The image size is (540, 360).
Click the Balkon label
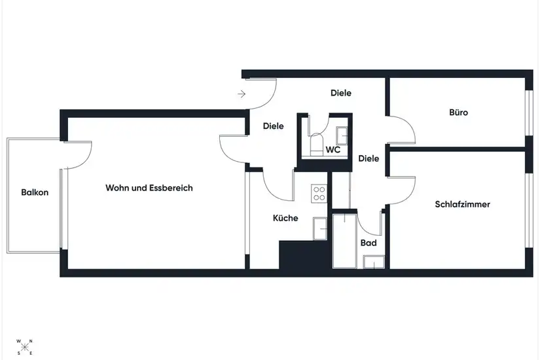pyautogui.click(x=35, y=192)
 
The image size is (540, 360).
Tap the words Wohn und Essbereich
pyautogui.click(x=149, y=188)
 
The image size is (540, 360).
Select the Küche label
pyautogui.click(x=285, y=218)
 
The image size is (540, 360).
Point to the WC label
pyautogui.click(x=333, y=150)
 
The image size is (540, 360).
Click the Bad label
pyautogui.click(x=369, y=243)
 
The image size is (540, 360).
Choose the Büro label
pyautogui.click(x=459, y=113)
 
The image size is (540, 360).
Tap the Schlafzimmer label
pyautogui.click(x=463, y=204)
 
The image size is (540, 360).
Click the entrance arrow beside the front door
pyautogui.click(x=242, y=94)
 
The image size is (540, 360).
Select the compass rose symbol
pyautogui.click(x=25, y=348)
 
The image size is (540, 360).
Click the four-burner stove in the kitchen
pyautogui.click(x=319, y=193)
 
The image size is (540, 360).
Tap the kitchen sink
pyautogui.click(x=320, y=228)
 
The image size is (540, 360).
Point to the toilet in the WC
pyautogui.click(x=315, y=145)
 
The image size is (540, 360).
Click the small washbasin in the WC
pyautogui.click(x=342, y=135)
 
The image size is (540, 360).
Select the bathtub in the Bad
pyautogui.click(x=345, y=241)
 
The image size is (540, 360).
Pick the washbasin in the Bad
pyautogui.click(x=374, y=262)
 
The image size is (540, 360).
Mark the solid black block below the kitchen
pyautogui.click(x=303, y=255)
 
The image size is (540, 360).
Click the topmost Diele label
pyautogui.click(x=341, y=93)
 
